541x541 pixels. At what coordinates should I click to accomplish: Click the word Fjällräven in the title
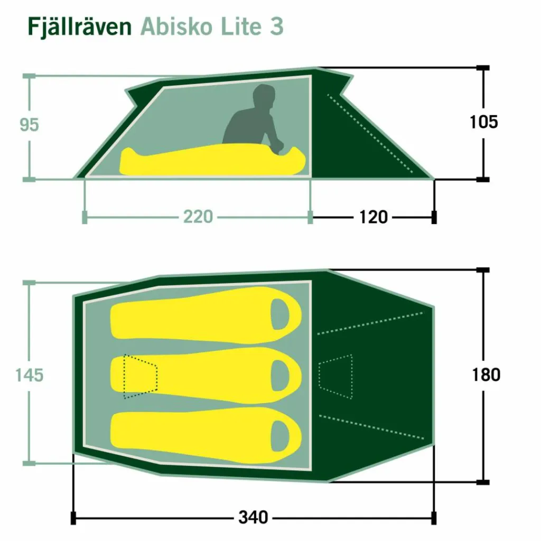[x=80, y=27]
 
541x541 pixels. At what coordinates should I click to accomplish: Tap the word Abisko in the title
[x=175, y=26]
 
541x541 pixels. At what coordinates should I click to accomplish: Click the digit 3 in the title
[x=277, y=26]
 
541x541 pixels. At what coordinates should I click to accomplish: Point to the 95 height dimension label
[x=30, y=125]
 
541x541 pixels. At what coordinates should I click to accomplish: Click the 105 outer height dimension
[x=484, y=122]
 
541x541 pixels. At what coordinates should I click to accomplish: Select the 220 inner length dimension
[x=198, y=217]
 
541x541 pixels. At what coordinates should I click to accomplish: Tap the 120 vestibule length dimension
[x=374, y=217]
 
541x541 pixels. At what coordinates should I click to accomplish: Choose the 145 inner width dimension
[x=30, y=375]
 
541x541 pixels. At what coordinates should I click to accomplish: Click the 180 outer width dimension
[x=486, y=375]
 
